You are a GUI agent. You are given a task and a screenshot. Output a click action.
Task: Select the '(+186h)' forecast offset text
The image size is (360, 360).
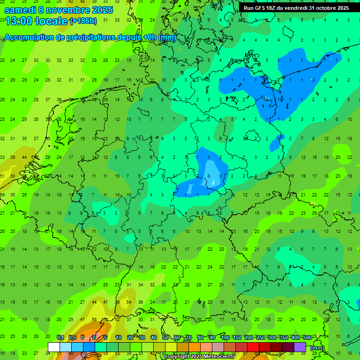pos(83,21)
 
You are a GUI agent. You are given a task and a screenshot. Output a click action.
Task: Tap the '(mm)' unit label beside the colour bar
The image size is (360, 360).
pos(317,348)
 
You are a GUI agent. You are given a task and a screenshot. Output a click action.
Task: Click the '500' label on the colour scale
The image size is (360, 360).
pos(307,338)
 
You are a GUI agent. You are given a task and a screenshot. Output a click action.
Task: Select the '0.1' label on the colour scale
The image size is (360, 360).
pos(60,338)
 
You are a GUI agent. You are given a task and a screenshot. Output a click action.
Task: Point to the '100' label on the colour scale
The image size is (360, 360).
pos(225,338)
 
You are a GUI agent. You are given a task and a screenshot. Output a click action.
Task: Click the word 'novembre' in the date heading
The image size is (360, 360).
pos(67,9)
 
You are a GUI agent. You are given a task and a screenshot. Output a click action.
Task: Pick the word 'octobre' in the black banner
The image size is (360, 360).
pos(326,8)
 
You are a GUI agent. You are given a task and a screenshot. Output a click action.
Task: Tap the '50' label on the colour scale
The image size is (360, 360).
pos(165,338)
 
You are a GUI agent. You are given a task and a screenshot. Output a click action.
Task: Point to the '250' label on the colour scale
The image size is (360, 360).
pos(260,338)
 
